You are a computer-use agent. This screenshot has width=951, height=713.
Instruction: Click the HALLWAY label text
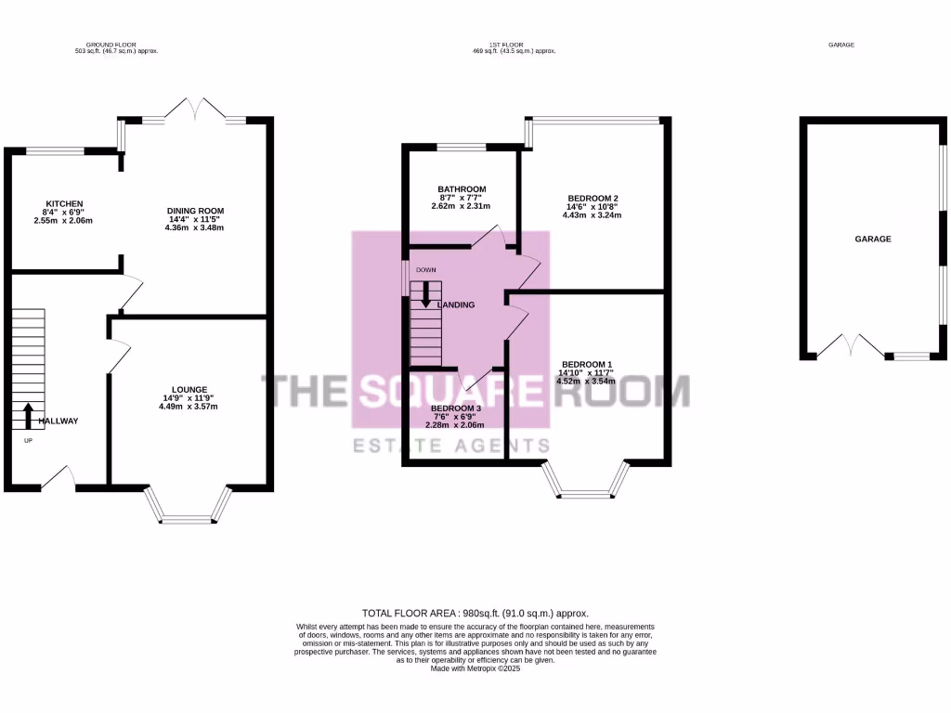[x=58, y=421]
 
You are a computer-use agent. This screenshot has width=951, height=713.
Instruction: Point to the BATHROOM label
[x=462, y=189]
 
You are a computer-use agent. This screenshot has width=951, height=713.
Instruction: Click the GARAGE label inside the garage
[x=873, y=239]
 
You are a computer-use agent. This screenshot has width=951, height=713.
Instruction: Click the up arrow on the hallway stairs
[x=28, y=414]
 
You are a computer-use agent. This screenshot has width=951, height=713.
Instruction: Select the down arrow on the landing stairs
[x=426, y=294]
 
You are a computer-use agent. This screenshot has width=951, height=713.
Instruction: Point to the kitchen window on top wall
[x=54, y=150]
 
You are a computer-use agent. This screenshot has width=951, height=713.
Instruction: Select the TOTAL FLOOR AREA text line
[x=475, y=614]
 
